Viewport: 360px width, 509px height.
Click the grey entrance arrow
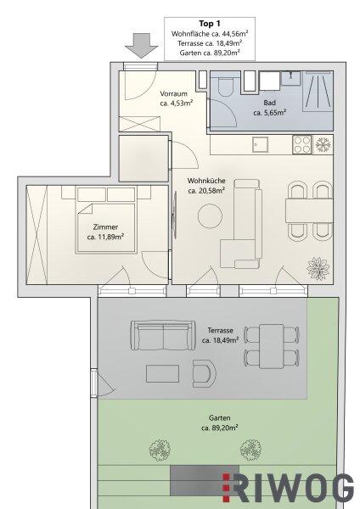(141, 46)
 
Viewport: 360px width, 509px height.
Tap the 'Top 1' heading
(210, 24)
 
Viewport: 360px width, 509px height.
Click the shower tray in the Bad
(318, 92)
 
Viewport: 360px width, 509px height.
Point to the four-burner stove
(302, 144)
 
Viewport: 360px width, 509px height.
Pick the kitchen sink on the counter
(261, 144)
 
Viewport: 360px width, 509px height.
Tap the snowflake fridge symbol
(323, 144)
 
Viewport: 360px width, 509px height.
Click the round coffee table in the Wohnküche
(211, 215)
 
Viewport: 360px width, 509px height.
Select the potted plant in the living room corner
(318, 268)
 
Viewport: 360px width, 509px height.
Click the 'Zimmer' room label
(105, 227)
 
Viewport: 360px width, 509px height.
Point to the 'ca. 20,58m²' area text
(206, 191)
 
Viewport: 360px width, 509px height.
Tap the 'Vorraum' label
(173, 94)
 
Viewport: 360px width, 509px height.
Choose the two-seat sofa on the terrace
(163, 336)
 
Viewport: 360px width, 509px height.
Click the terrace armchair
(204, 373)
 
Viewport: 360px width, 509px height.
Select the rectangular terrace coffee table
(162, 373)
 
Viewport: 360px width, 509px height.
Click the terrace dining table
(272, 346)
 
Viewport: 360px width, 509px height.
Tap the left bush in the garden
(160, 450)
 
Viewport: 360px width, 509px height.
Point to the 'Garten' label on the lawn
(220, 417)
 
